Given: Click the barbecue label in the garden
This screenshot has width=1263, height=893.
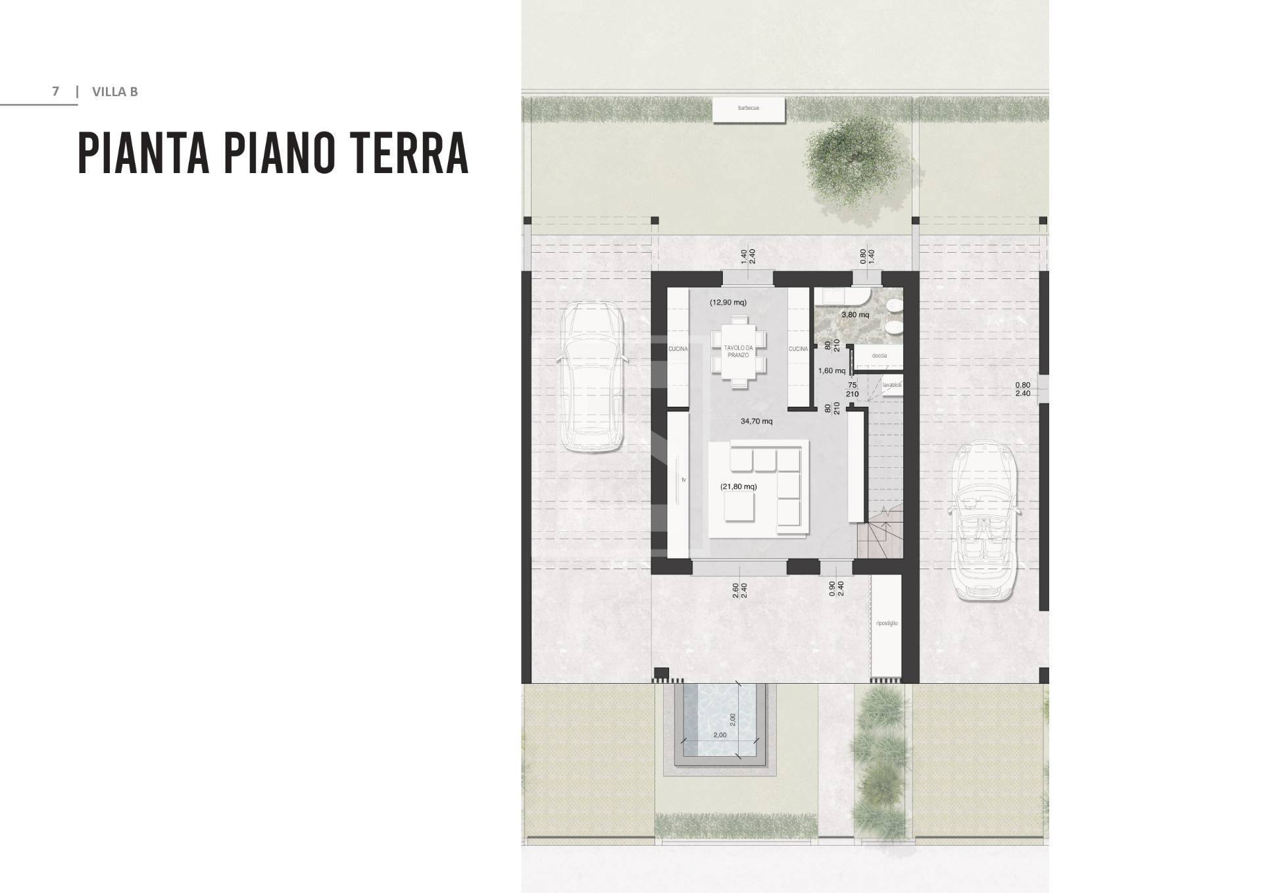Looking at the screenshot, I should tap(749, 108).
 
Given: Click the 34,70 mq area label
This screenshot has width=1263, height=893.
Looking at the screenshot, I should tap(756, 421).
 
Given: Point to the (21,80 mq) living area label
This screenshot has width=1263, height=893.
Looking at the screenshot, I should tap(738, 487).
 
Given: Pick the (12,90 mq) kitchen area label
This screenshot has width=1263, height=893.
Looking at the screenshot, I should tap(728, 303).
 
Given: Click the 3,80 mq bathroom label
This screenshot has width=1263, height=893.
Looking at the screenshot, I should tap(855, 315).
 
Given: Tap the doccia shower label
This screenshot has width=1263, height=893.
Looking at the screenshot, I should tap(879, 356).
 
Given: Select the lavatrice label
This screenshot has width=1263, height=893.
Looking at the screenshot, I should tap(891, 385).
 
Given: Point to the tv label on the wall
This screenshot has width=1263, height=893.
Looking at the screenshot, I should tap(683, 480).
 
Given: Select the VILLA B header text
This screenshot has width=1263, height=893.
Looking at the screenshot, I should tap(115, 91).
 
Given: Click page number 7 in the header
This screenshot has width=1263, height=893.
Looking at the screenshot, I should tap(56, 91).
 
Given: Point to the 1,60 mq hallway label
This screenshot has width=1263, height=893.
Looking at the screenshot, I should tap(831, 371).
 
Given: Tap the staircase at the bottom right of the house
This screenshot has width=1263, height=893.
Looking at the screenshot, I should tap(880, 533).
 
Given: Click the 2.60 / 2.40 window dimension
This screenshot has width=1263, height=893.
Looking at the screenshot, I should tap(739, 590).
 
